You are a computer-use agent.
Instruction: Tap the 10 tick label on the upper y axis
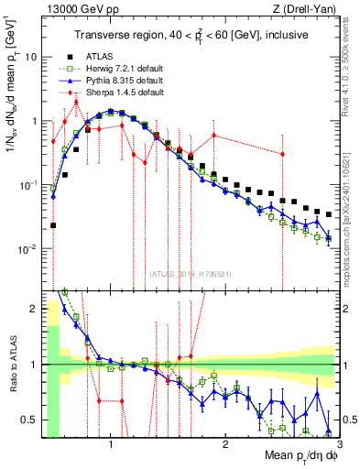(x=30, y=57)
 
